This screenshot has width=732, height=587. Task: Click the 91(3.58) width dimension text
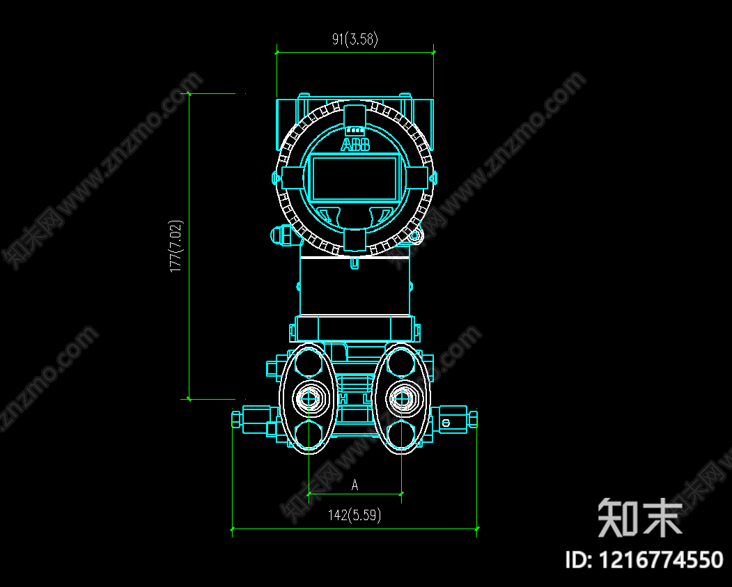[x=355, y=40]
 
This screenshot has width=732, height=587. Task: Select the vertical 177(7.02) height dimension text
[x=177, y=246]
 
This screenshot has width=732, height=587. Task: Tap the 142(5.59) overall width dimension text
[x=355, y=515]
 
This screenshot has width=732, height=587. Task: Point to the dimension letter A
[x=355, y=485]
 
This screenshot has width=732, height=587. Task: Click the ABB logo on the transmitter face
[x=355, y=145]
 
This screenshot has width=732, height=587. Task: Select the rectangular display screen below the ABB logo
[x=355, y=178]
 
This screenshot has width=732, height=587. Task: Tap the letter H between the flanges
[x=343, y=399]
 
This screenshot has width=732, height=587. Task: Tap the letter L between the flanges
[x=367, y=399]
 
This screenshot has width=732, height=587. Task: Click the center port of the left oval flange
[x=309, y=398]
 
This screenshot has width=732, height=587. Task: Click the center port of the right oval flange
[x=400, y=398]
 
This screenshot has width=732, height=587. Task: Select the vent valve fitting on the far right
[x=456, y=420]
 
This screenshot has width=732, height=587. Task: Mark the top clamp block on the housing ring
[x=355, y=115]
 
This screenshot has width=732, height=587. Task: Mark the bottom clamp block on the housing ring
[x=355, y=240]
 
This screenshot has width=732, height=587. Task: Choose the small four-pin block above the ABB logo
[x=355, y=130]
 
